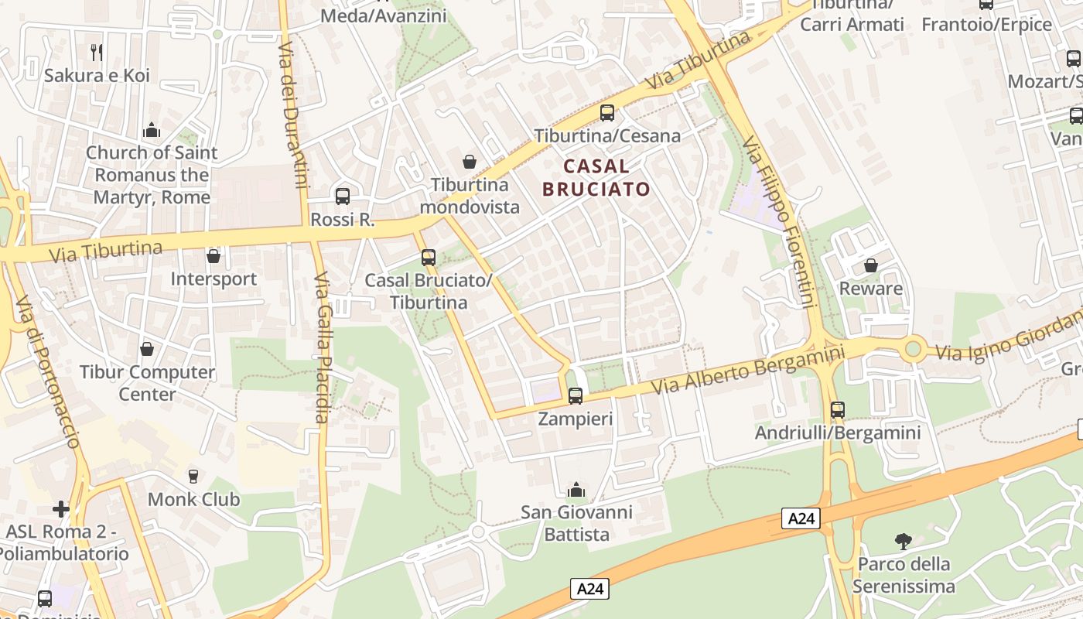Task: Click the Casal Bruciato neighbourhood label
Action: click(x=596, y=177)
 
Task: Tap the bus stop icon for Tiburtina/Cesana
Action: click(x=607, y=113)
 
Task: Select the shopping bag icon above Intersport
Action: click(x=214, y=256)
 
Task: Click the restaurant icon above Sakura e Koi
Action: click(x=97, y=53)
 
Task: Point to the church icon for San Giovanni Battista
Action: click(x=576, y=490)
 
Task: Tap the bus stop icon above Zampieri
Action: click(x=576, y=396)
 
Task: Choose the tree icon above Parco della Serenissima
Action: click(x=903, y=541)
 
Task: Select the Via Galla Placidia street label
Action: click(x=323, y=348)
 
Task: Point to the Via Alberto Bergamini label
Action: click(x=747, y=370)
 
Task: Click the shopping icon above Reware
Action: click(x=871, y=265)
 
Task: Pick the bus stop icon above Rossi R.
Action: click(x=343, y=197)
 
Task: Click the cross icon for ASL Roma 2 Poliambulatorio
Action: click(x=61, y=509)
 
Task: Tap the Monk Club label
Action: click(x=193, y=499)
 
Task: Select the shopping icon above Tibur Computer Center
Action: click(x=147, y=350)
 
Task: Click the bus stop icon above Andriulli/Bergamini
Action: click(x=838, y=410)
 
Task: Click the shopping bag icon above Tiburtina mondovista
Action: click(x=470, y=162)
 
